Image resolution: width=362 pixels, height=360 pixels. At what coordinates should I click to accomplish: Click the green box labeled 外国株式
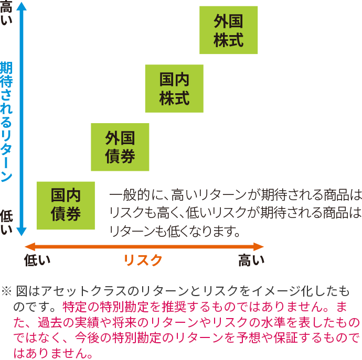tap(228, 30)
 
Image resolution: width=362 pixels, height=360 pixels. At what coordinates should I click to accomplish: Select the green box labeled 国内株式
tap(174, 89)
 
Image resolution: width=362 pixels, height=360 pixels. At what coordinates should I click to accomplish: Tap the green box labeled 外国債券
tap(120, 147)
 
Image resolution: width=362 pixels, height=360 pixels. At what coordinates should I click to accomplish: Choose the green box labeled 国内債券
tap(66, 205)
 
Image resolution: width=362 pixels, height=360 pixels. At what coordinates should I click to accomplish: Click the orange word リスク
tap(143, 260)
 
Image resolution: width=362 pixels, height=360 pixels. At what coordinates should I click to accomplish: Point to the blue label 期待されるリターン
tap(6, 122)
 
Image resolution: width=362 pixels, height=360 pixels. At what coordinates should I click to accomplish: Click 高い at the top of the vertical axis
tap(6, 12)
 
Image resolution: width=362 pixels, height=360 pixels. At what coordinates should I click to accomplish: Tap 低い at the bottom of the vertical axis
tap(6, 222)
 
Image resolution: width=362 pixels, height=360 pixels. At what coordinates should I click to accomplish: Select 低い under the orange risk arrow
tap(37, 260)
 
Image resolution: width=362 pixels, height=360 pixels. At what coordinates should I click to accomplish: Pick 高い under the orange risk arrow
tap(251, 260)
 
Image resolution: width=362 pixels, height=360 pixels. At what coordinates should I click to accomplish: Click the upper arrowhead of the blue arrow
tap(22, 6)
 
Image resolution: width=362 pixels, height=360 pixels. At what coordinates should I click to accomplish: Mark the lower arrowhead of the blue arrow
tap(22, 232)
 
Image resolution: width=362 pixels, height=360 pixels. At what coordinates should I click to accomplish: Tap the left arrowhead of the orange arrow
tap(30, 246)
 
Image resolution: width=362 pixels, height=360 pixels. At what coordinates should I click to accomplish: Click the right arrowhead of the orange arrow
tap(259, 246)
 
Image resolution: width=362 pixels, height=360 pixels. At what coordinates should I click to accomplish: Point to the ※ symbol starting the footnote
tap(6, 291)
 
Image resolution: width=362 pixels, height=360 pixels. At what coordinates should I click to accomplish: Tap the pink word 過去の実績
tap(69, 322)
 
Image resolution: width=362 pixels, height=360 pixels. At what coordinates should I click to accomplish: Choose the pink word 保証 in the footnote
tap(285, 337)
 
